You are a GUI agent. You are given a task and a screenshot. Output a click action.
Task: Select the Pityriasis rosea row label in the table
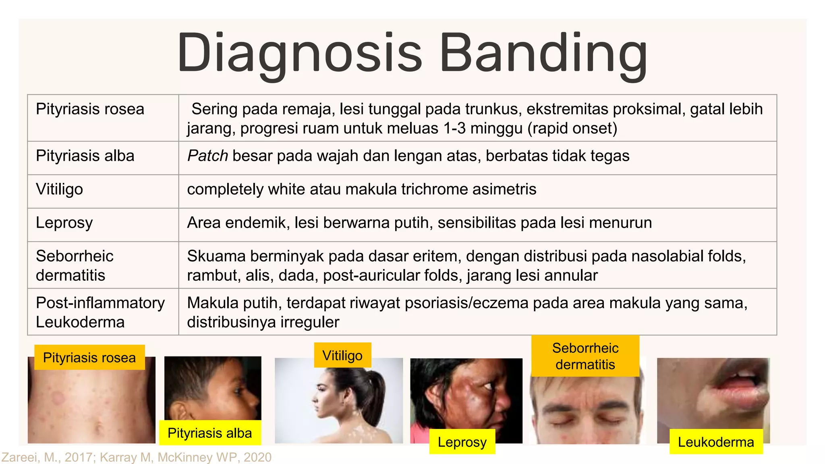tap(90, 109)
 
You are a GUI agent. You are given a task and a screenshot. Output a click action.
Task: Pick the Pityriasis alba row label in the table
tap(85, 156)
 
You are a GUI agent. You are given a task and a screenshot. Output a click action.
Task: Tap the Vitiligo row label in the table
tap(59, 189)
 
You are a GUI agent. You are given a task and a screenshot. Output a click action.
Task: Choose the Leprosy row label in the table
tap(64, 223)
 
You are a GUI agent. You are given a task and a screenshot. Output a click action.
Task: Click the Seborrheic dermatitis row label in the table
tap(75, 265)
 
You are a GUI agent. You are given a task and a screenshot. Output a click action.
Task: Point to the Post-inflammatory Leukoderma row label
tap(100, 312)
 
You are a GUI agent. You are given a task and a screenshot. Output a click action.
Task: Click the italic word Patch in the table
tap(207, 156)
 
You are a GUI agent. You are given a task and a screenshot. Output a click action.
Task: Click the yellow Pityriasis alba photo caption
tap(209, 433)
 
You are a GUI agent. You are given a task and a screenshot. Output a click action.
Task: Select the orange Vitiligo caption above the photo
tap(342, 355)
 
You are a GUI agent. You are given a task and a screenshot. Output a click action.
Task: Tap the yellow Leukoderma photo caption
tap(716, 442)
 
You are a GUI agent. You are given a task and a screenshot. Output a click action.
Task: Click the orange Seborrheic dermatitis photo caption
tap(585, 356)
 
